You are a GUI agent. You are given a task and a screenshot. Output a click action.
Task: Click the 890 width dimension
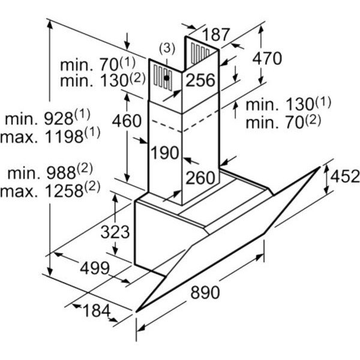point(205,292)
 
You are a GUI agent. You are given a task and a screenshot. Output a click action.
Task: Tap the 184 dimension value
point(97,310)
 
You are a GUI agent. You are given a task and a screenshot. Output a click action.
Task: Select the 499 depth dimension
point(95,268)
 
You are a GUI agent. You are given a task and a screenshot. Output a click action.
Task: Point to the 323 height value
point(115,232)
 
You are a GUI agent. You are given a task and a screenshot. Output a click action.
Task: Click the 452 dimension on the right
point(345,176)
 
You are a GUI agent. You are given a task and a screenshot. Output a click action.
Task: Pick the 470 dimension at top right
point(267,58)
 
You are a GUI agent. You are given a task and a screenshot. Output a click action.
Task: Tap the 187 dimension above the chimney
point(215,34)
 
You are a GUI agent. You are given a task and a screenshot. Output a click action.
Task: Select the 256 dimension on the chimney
point(200,80)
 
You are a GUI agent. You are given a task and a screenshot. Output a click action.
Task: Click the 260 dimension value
point(200,178)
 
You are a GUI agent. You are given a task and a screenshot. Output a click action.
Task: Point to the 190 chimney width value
point(164,152)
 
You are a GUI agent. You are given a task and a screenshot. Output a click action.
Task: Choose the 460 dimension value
point(127,121)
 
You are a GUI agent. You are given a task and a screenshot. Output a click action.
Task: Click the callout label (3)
point(167,49)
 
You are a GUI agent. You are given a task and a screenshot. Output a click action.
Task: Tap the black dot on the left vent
point(167,78)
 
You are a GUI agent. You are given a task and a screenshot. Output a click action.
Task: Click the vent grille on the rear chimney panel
point(200,53)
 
